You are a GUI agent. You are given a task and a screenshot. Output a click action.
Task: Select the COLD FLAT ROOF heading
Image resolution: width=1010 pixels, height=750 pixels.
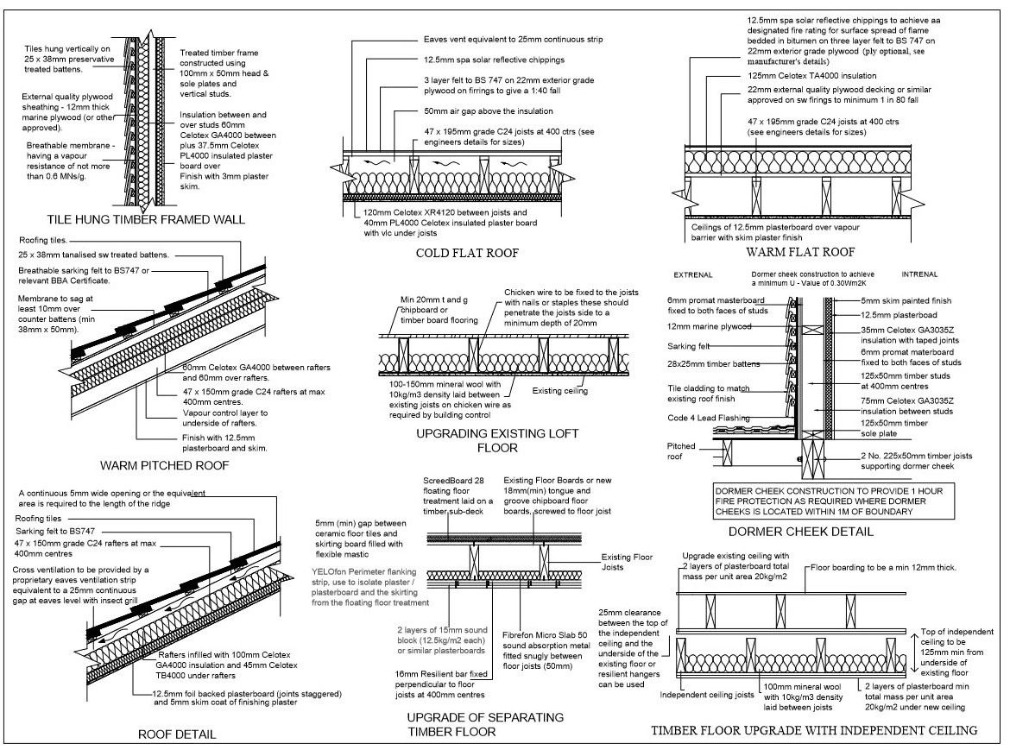tap(465, 253)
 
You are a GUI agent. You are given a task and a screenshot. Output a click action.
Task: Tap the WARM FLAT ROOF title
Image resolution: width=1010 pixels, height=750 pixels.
tap(799, 253)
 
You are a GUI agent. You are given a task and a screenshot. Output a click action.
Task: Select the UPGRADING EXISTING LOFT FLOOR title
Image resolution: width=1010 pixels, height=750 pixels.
tap(496, 440)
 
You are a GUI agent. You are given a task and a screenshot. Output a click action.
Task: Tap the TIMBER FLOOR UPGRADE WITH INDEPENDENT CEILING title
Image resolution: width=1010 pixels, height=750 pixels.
tap(815, 730)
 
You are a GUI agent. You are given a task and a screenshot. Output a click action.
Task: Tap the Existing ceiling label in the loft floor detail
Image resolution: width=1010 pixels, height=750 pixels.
tap(560, 391)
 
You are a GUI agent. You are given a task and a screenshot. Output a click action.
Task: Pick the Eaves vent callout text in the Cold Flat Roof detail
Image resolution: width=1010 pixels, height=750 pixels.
tap(513, 40)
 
